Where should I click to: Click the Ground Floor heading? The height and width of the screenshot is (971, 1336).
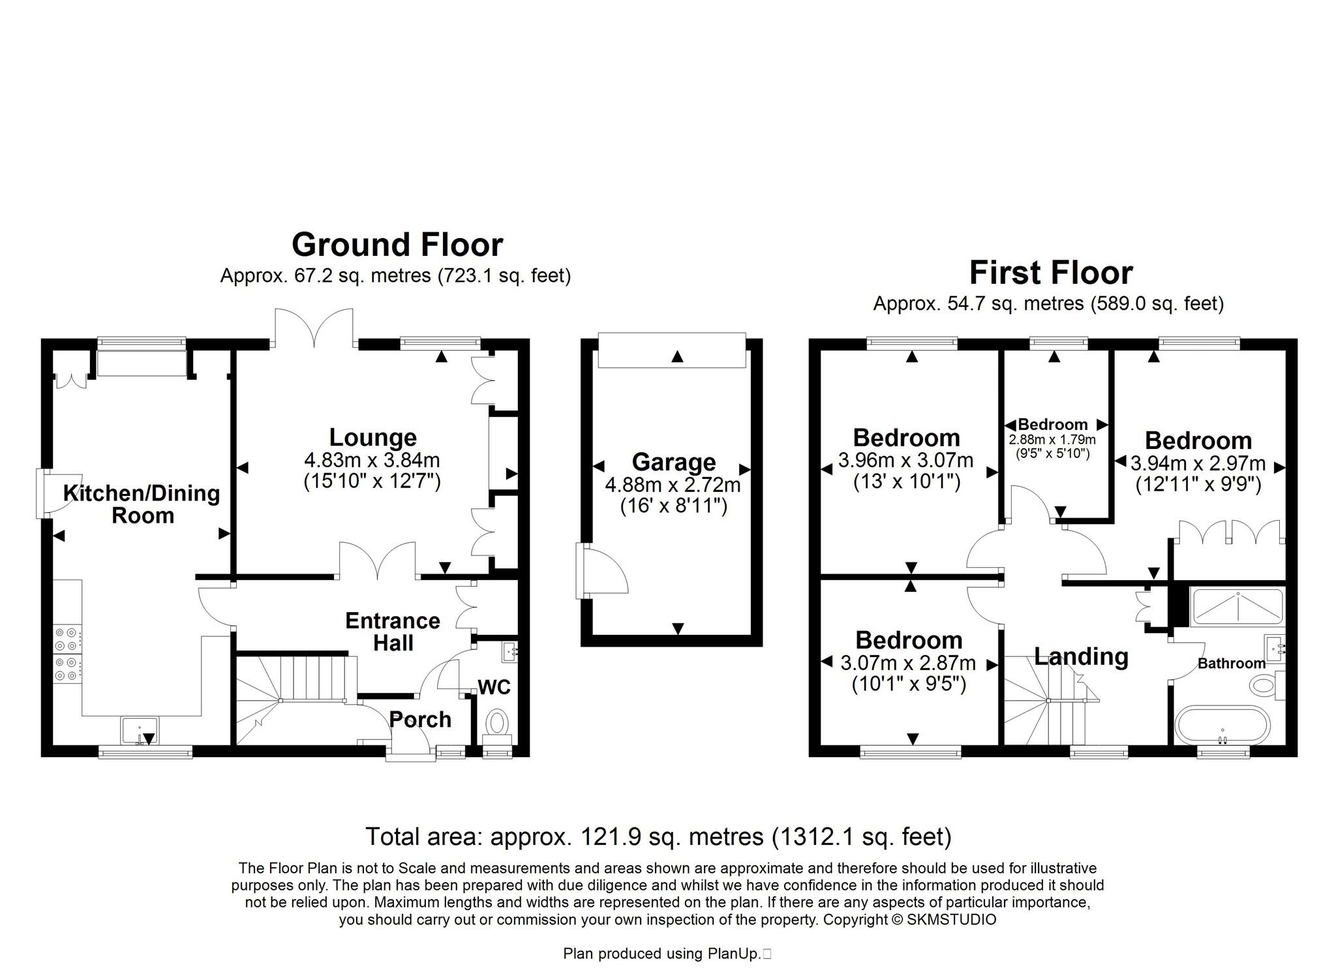[x=397, y=245]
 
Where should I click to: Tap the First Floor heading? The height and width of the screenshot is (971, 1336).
[x=1050, y=273]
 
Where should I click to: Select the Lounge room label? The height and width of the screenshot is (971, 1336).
[x=372, y=437]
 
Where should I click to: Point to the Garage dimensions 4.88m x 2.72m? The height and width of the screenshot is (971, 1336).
[x=673, y=485]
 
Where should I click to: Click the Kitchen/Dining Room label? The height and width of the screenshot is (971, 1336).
[x=142, y=504]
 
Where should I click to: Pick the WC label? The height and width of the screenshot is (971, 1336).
[x=494, y=687]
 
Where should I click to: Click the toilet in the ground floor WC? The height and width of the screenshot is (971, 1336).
[x=497, y=723]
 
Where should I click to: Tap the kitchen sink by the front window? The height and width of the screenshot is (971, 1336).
[x=140, y=730]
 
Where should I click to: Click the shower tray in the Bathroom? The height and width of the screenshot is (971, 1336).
[x=1236, y=607]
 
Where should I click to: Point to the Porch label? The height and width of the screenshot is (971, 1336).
[x=420, y=720]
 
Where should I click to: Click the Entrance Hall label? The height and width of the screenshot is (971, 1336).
[x=393, y=631]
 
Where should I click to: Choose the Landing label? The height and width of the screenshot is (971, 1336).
[x=1081, y=656]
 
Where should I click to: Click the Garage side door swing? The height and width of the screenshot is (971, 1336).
[x=603, y=572]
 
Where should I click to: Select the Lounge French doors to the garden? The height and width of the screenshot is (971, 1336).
[x=314, y=326]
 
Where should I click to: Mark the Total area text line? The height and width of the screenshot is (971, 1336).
[x=658, y=837]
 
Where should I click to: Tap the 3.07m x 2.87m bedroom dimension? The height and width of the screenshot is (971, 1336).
[x=907, y=664]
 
